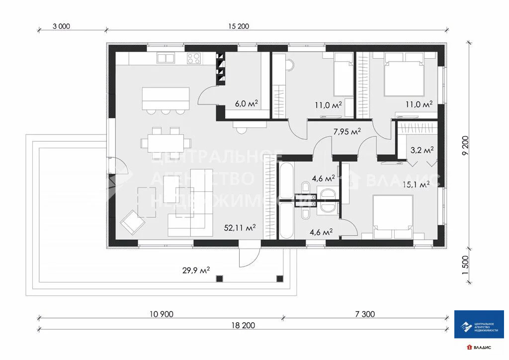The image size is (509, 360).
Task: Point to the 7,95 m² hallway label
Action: [346, 131]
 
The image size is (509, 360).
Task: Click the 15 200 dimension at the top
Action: [239, 27]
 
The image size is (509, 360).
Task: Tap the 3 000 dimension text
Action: [61, 27]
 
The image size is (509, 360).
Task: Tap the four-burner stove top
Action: [194, 59]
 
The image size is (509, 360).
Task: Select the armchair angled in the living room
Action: [130, 221]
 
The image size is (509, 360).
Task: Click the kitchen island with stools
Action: [166, 98]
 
